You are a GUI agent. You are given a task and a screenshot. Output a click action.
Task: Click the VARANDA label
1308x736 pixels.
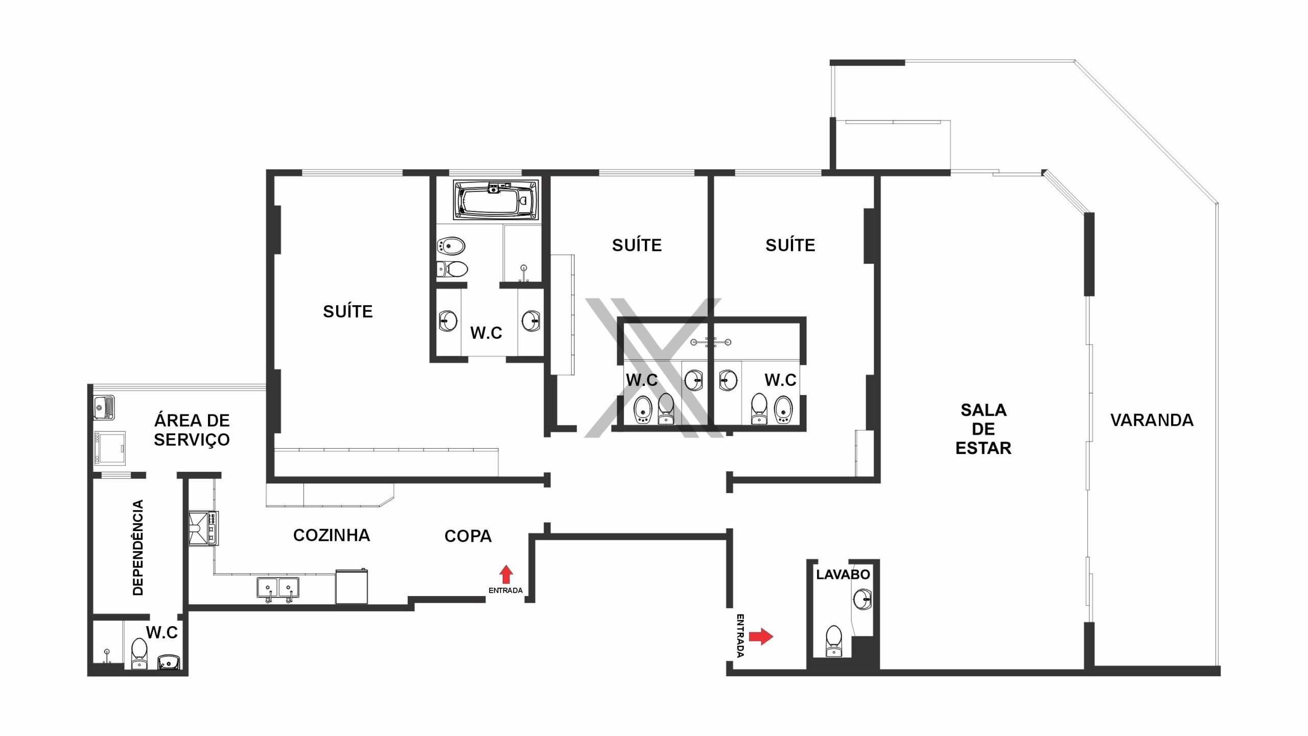(1152, 420)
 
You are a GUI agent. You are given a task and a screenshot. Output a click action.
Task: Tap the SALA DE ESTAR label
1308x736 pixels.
(983, 429)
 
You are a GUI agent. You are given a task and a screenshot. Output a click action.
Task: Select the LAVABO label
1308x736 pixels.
(843, 574)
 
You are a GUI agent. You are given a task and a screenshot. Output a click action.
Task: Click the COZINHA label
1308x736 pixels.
(332, 535)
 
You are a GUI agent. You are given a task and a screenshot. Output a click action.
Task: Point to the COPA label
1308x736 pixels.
(468, 536)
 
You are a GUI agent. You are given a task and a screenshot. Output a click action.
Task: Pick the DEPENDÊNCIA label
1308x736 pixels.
(138, 547)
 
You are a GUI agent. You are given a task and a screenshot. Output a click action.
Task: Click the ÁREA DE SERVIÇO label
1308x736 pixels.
(192, 430)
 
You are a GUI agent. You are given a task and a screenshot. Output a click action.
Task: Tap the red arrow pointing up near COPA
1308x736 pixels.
(506, 574)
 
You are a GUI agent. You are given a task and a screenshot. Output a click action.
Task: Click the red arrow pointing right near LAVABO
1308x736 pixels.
(761, 636)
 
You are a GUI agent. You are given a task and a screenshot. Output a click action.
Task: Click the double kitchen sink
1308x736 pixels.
(278, 589)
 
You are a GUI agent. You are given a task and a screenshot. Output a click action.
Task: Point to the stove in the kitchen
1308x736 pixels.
(203, 528)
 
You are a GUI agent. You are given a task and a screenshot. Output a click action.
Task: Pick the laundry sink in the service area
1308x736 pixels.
(104, 407)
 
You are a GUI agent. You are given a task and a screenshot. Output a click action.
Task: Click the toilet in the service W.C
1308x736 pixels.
(139, 653)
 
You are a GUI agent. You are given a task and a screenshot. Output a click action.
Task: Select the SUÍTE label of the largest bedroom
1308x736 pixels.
(348, 311)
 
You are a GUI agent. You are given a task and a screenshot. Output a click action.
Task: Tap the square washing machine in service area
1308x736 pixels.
(110, 449)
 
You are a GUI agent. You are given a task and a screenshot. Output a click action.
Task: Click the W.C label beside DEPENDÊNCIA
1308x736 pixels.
(162, 632)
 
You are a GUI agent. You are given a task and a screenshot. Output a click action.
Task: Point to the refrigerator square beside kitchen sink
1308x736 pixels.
(352, 586)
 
